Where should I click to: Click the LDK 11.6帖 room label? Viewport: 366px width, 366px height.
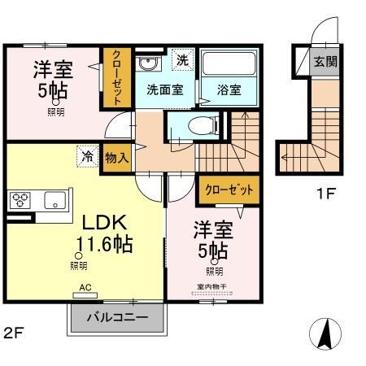(x=104, y=233)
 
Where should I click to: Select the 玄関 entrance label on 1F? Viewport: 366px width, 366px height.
(x=326, y=62)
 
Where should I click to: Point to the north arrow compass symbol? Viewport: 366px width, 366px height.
(x=325, y=333)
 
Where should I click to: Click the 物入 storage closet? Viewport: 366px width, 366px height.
(x=116, y=158)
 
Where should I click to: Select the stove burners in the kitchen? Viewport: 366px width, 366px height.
(x=21, y=200)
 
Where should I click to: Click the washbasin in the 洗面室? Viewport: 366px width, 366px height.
(x=147, y=64)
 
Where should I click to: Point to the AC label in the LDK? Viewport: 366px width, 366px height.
(x=85, y=287)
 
